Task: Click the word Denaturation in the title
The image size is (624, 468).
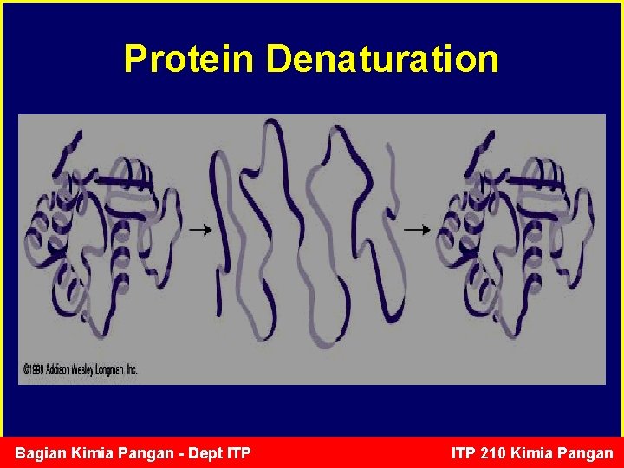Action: pyautogui.click(x=382, y=59)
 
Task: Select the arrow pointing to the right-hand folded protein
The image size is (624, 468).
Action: pyautogui.click(x=417, y=230)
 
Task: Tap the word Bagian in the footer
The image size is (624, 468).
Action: pyautogui.click(x=39, y=453)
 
